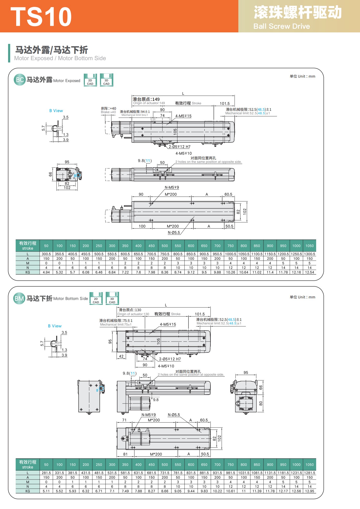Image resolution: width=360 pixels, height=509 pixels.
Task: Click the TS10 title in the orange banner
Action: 41,17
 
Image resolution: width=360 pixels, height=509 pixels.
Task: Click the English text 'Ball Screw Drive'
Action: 281,26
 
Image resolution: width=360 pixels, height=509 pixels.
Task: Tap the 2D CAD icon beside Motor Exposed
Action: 90,80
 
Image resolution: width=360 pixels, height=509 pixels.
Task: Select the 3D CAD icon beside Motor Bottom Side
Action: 112,298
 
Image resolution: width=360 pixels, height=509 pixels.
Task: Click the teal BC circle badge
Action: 20,80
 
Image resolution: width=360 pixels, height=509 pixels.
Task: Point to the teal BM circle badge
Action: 19,298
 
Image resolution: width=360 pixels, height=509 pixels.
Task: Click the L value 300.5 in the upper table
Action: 46,254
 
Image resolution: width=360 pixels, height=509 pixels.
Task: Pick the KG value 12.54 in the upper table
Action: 309,272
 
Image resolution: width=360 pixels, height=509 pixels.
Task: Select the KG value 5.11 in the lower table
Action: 46,491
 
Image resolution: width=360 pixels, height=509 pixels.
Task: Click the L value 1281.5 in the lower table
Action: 309,473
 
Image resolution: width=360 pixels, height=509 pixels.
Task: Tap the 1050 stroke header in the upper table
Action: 309,246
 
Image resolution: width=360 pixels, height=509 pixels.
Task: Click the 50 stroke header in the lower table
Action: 46,465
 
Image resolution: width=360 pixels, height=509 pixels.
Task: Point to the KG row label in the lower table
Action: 28,491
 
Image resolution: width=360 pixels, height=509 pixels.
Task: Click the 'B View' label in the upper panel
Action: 56,111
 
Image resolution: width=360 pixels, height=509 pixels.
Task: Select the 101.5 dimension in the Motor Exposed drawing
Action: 225,103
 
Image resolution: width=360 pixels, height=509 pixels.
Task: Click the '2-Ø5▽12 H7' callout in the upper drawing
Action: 180,147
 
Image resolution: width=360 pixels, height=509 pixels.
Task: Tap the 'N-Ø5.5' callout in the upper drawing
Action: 174,233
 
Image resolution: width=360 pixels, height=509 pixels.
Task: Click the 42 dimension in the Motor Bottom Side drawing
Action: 121,356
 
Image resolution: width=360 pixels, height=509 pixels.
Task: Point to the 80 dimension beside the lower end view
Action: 261,403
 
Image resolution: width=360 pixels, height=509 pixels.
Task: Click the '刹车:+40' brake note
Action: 109,108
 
